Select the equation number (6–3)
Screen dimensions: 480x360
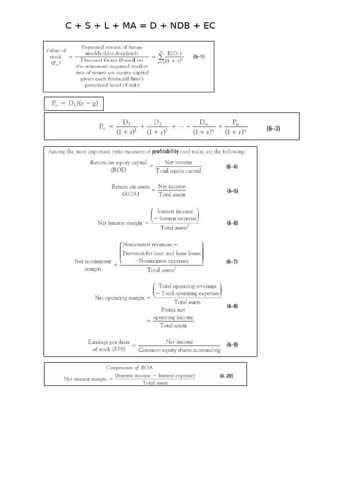pyautogui.click(x=274, y=128)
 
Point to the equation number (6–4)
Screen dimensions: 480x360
pyautogui.click(x=232, y=167)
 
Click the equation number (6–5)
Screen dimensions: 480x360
pyautogui.click(x=232, y=191)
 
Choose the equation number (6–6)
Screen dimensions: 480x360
pyautogui.click(x=232, y=223)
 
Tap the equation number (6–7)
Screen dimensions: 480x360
pyautogui.click(x=232, y=262)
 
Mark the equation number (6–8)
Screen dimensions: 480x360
pyautogui.click(x=232, y=306)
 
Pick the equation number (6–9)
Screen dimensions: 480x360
pyautogui.click(x=232, y=345)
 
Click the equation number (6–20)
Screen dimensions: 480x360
pyautogui.click(x=227, y=376)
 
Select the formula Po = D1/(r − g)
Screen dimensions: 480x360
pyautogui.click(x=74, y=104)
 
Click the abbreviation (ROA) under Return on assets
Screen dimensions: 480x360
pyautogui.click(x=130, y=194)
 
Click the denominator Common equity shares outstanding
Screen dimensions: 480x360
pyautogui.click(x=180, y=350)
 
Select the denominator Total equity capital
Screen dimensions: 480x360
pyautogui.click(x=178, y=171)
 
